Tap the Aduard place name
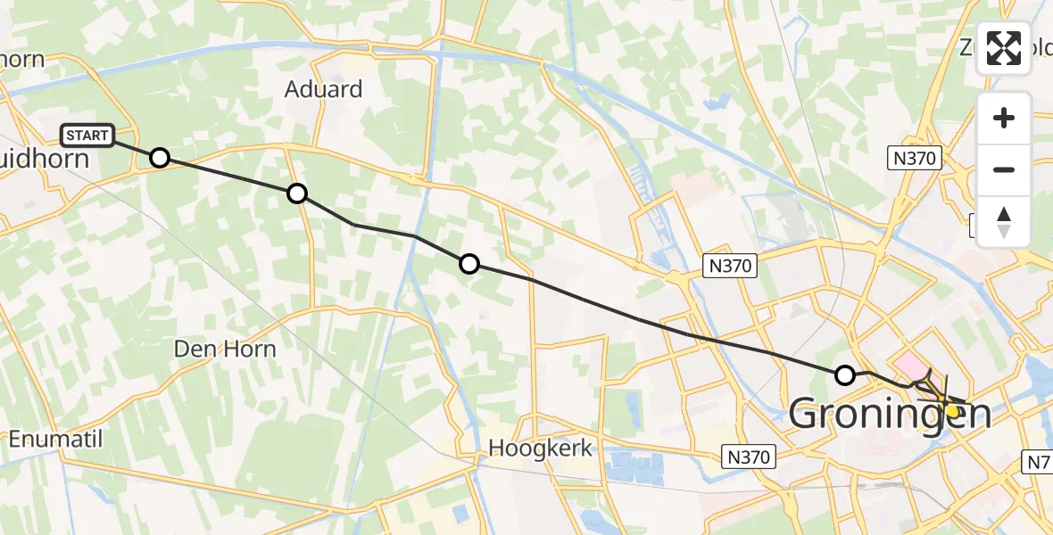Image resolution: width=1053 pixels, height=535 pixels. tap(323, 89)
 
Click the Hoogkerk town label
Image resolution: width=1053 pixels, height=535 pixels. tap(541, 448)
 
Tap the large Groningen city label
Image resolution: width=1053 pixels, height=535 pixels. tap(890, 414)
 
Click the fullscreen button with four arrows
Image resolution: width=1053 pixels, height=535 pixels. tap(1004, 48)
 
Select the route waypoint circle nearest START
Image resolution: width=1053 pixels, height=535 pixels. tap(159, 158)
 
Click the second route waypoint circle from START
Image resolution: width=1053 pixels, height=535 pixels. tap(297, 193)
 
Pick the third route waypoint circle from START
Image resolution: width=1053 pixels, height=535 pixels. tap(468, 263)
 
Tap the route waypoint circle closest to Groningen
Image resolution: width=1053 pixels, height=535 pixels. tap(844, 374)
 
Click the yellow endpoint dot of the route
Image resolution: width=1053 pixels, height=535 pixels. tap(952, 411)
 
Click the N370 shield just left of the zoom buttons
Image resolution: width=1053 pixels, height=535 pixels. tap(916, 159)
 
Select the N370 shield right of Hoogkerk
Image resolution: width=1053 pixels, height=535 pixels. tap(748, 457)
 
